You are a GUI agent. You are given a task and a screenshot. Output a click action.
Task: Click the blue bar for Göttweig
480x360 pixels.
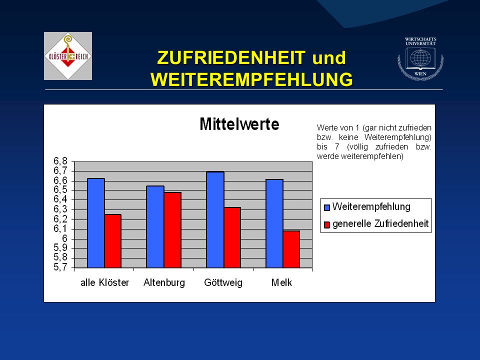(x=215, y=220)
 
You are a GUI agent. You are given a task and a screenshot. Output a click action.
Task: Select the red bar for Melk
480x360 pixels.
(x=291, y=249)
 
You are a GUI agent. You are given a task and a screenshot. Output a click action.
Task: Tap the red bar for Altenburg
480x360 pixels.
(x=172, y=230)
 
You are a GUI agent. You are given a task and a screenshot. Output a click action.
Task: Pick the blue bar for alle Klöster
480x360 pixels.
(x=96, y=223)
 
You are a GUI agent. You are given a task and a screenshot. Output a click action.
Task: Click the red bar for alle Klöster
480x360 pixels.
(x=113, y=241)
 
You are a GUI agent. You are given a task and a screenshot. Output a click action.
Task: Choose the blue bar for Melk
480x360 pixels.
(x=274, y=223)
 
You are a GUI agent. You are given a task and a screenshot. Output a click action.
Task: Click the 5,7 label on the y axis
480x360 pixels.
(x=60, y=267)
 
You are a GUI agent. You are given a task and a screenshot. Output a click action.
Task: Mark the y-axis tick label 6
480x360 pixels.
(x=64, y=238)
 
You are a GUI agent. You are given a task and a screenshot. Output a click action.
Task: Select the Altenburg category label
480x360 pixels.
(x=164, y=282)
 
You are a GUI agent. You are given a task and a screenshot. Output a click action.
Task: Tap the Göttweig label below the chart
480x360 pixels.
(x=223, y=282)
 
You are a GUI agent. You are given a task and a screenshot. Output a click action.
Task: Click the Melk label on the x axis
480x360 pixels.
(x=281, y=282)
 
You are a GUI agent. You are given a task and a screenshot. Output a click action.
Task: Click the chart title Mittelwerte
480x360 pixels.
(x=239, y=124)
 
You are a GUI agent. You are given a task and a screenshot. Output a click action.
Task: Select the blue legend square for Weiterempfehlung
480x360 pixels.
(x=327, y=207)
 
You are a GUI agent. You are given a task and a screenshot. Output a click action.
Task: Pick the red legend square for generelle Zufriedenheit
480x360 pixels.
(x=327, y=224)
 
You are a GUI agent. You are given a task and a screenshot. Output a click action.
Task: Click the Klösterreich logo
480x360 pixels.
(x=68, y=56)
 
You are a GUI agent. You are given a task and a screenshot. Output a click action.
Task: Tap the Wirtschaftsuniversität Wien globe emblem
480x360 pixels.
(x=420, y=59)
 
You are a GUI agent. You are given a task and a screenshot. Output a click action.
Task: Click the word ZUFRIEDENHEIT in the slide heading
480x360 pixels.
(x=231, y=57)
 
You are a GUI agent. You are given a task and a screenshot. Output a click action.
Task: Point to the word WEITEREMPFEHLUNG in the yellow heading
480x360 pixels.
(x=251, y=79)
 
